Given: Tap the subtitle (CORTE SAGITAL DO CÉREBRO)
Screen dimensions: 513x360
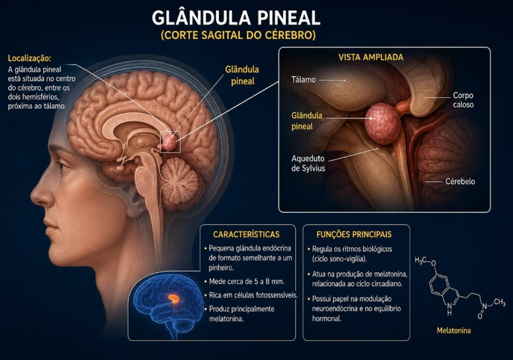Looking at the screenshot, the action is (238, 35).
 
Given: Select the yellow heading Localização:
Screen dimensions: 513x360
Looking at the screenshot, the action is (30, 59).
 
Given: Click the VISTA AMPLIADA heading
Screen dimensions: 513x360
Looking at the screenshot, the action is (371, 57).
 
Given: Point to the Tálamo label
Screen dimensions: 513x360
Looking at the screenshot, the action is (304, 80).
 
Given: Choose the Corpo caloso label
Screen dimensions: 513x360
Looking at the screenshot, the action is (463, 100).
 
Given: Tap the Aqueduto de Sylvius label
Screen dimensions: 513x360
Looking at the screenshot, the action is (308, 164).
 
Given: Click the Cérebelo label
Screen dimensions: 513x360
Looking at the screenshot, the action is (460, 181).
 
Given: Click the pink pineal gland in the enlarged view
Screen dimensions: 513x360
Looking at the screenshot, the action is (383, 124).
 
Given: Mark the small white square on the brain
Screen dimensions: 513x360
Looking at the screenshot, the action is (170, 142).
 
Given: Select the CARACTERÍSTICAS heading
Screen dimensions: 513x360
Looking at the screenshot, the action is (246, 234).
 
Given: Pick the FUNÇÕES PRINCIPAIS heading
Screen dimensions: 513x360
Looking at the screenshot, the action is (354, 234).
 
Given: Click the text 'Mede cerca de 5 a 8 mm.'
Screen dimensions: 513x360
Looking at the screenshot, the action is (246, 281).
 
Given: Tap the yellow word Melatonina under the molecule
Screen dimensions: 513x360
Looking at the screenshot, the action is (454, 330).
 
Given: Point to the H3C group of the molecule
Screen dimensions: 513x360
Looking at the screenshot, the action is (420, 260).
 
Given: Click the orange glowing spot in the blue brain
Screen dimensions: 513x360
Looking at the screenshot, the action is (174, 298).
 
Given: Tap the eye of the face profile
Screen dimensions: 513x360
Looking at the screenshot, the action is (63, 167).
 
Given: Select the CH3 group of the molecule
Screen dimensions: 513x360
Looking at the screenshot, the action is (499, 302).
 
